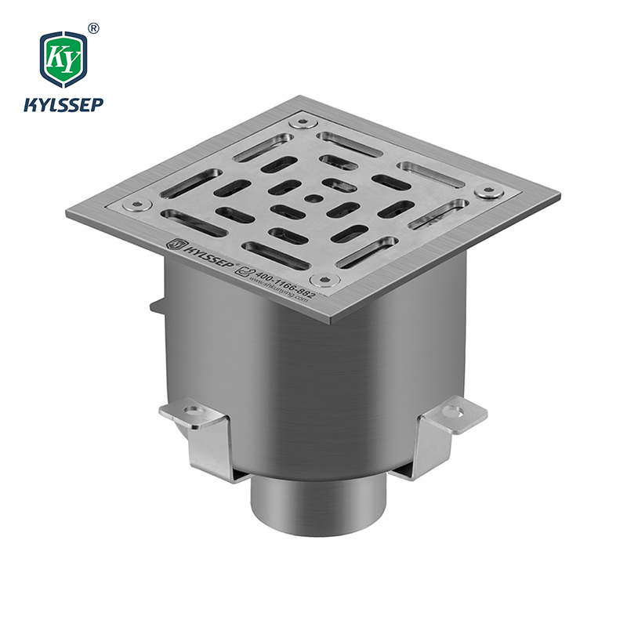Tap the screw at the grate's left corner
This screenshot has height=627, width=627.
coord(138,205)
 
